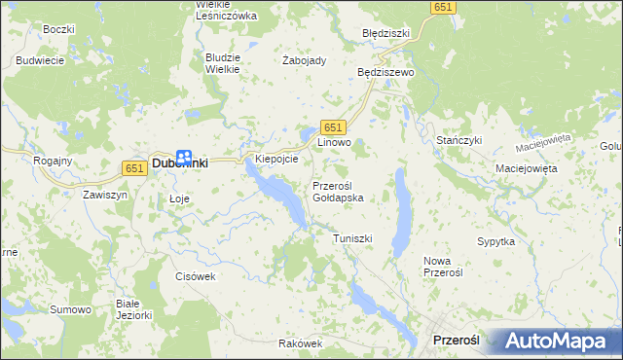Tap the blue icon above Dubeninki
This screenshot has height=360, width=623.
(x=183, y=156)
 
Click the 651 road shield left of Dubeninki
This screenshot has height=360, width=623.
(x=134, y=168)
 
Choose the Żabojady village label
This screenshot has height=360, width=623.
(x=304, y=60)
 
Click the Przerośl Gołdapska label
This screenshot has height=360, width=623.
(x=338, y=191)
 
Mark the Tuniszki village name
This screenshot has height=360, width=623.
(x=352, y=238)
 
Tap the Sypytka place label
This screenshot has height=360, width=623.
(x=495, y=240)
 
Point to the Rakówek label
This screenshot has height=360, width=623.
(x=299, y=343)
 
